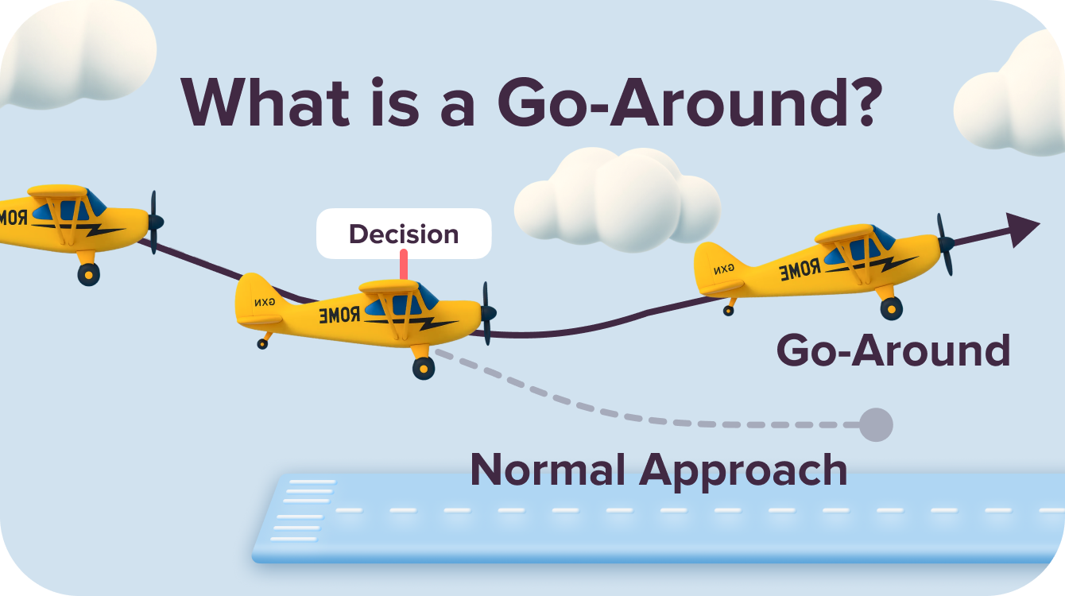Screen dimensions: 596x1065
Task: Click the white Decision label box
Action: click(404, 234)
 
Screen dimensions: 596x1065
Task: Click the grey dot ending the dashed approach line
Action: click(877, 425)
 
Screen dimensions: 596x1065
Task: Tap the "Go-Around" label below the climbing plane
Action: click(893, 350)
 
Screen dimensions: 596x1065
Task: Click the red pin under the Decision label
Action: click(404, 265)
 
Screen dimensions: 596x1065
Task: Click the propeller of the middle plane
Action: click(487, 313)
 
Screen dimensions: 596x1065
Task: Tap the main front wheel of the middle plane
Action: click(424, 368)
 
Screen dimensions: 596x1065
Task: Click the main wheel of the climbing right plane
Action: click(891, 308)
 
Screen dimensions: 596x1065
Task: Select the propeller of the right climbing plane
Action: click(945, 244)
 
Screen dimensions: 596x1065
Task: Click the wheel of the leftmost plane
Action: click(88, 274)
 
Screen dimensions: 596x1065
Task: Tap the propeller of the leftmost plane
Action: click(155, 222)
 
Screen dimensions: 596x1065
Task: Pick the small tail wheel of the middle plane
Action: click(262, 343)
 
